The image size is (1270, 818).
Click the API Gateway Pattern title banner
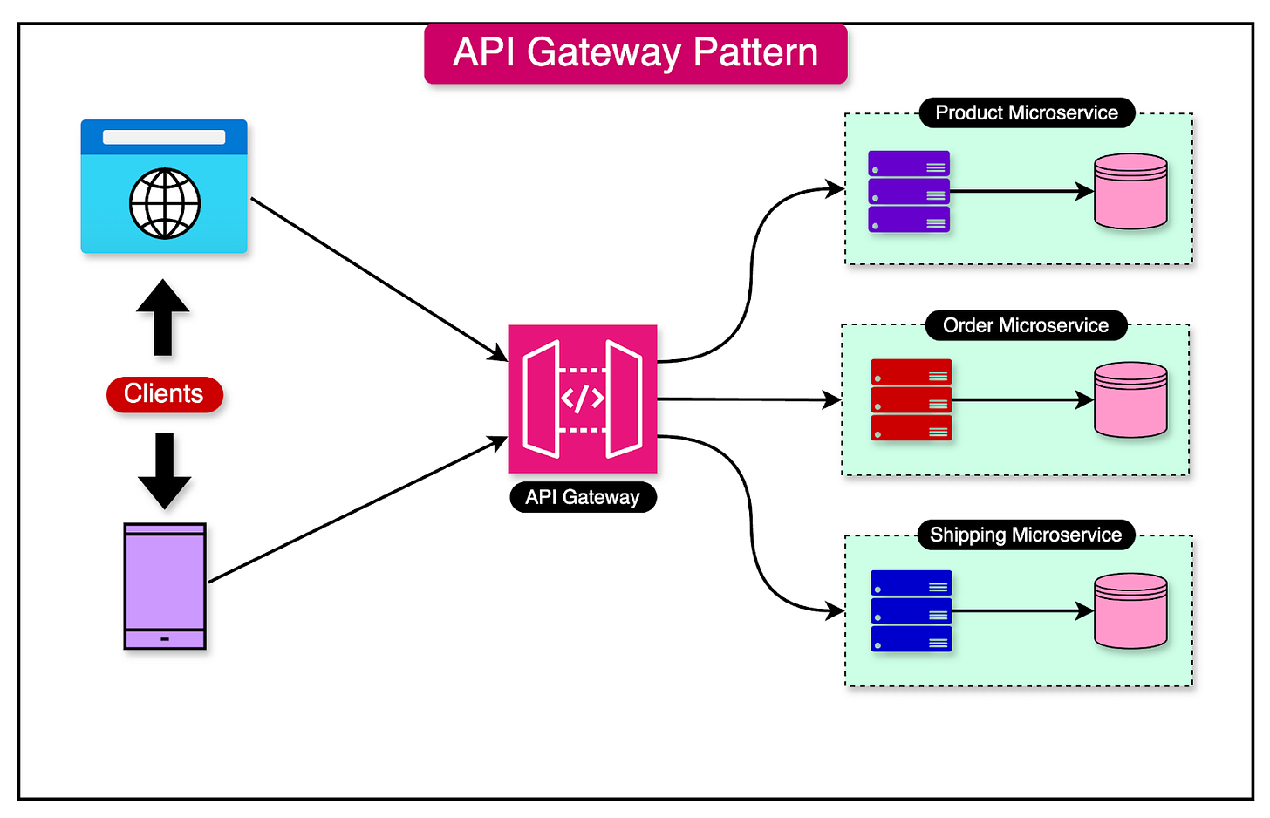coord(635,53)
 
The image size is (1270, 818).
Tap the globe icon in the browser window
coord(165,203)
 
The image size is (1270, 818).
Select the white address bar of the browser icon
coord(164,137)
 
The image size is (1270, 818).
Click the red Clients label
coord(164,394)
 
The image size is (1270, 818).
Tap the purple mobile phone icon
coord(165,586)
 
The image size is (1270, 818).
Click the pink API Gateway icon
coord(583,399)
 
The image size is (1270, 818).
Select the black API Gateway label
coord(583,497)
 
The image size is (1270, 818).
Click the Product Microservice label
coord(1027,112)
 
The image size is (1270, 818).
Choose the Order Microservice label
coord(1026,325)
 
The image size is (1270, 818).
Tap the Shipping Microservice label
coord(1026,535)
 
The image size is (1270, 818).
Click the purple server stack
coord(909,192)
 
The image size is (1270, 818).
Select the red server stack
coord(912,400)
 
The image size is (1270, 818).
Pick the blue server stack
coord(912,611)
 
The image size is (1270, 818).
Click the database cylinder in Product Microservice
coord(1130,192)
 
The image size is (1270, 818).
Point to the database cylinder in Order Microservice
coord(1130,400)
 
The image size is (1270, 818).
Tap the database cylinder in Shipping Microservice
coord(1130,611)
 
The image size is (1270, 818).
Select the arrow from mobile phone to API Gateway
coord(358,510)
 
